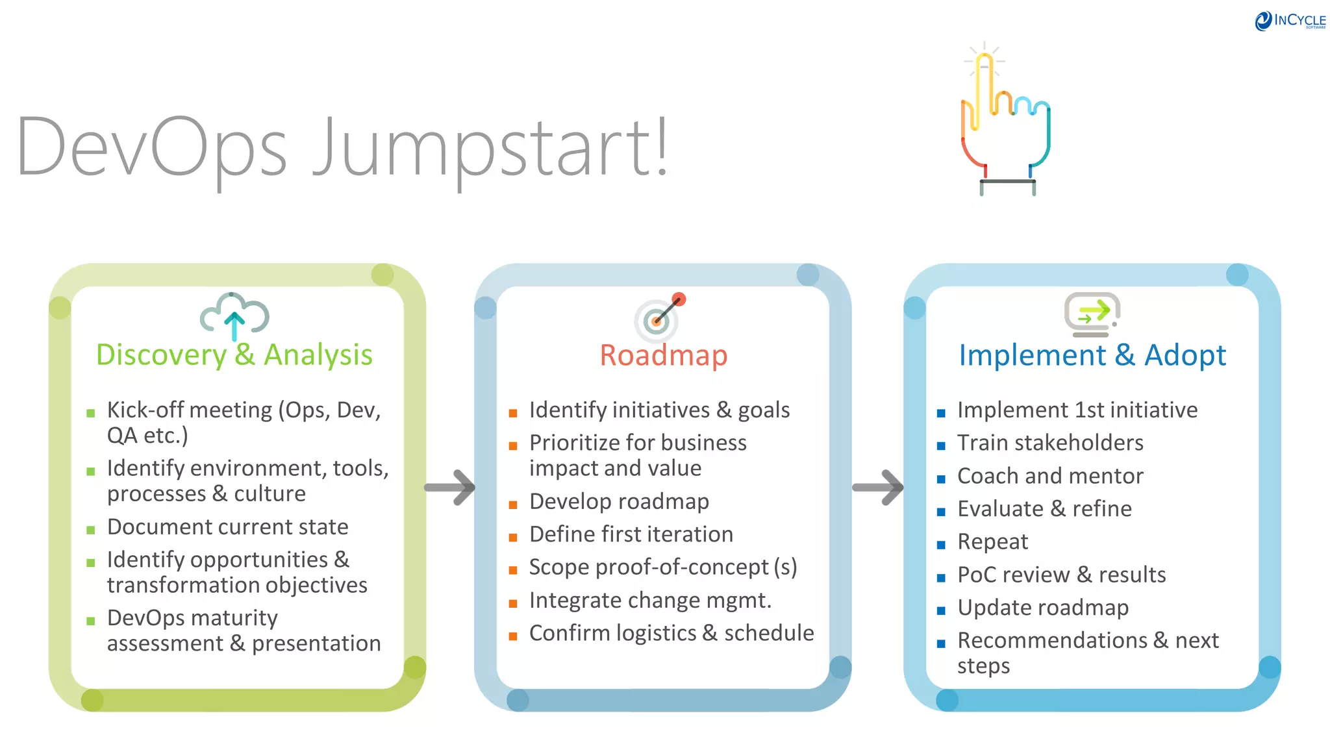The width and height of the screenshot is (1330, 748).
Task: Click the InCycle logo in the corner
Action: coord(1290,21)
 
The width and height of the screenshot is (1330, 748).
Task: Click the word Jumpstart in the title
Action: coord(490,148)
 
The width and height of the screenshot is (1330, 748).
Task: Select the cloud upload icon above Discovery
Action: coord(234,316)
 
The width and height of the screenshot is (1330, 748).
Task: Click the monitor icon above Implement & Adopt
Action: coord(1092,314)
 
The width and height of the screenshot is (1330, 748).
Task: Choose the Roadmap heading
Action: coord(663,356)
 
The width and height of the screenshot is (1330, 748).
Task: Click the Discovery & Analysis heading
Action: coord(234,355)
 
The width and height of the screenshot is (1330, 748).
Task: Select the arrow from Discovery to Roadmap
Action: coord(450,487)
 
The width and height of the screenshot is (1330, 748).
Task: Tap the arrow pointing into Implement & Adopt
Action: coord(877,487)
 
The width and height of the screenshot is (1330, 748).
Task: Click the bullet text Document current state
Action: coord(227,527)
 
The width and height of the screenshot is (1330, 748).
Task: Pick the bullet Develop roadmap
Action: coord(619,501)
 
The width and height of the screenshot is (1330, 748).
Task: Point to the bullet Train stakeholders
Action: coord(1050,443)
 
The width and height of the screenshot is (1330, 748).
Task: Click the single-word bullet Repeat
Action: coord(992,542)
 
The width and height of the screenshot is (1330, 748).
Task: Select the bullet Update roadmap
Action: coord(1043,608)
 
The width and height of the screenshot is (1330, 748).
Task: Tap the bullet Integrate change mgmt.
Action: coord(650,601)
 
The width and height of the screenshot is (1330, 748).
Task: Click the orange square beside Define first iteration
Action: coord(513,538)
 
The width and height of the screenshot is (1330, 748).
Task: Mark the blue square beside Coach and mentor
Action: coord(941,479)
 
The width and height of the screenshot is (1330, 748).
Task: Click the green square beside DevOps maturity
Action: coord(91,621)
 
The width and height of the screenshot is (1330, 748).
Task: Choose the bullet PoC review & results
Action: coord(1061,575)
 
